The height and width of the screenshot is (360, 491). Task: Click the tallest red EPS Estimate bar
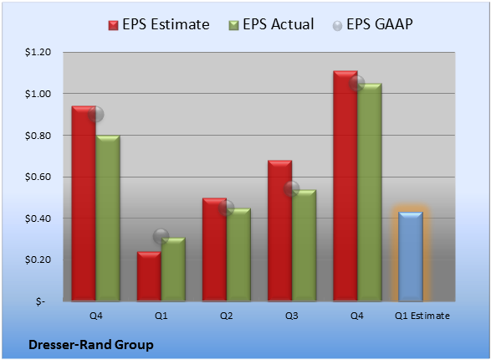[x=345, y=186]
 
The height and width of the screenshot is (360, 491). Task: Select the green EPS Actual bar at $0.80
[x=108, y=219]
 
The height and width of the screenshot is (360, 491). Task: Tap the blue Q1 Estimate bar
[x=411, y=257]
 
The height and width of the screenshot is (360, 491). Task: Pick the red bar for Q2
[x=214, y=249]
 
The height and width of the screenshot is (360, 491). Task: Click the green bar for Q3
[x=304, y=245]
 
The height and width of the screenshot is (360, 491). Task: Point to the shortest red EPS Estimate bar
[x=149, y=276]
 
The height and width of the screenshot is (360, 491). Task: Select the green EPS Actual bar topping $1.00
[x=370, y=193]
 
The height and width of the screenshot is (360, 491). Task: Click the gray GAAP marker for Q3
[x=292, y=188]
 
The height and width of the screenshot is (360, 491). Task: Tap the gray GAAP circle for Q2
[x=226, y=208]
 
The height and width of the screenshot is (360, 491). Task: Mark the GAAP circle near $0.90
[x=96, y=114]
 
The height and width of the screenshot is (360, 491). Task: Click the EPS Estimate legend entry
[x=159, y=24]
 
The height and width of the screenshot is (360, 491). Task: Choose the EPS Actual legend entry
[x=271, y=24]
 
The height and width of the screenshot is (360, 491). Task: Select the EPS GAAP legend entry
[x=372, y=24]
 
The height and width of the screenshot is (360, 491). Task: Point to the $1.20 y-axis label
[x=38, y=52]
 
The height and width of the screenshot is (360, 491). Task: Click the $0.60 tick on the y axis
[x=38, y=177]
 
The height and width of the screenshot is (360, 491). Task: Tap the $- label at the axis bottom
[x=41, y=301]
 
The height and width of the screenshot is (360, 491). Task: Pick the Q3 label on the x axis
[x=292, y=316]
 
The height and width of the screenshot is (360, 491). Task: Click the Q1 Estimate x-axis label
[x=422, y=316]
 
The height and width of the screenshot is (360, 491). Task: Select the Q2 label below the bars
[x=227, y=316]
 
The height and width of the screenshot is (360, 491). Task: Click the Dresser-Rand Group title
[x=91, y=345]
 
